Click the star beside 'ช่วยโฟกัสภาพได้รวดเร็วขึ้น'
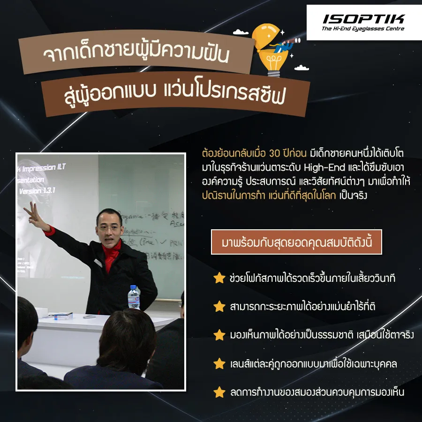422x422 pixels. tap(219, 278)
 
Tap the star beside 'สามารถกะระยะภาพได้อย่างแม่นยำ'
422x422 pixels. tap(219, 307)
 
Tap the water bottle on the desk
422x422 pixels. tap(135, 297)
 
